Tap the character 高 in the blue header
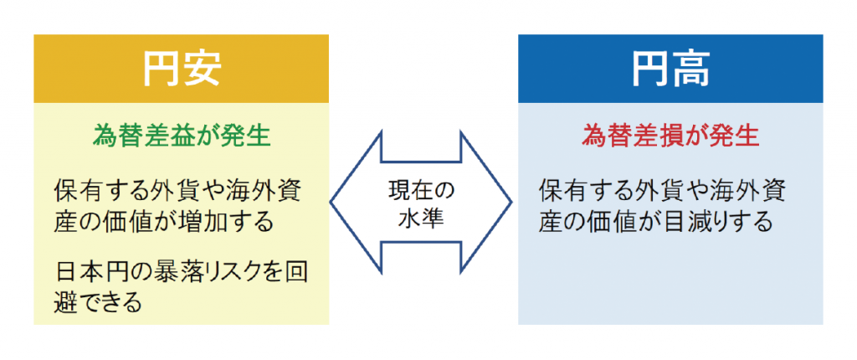[x=690, y=69]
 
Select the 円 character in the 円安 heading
[x=162, y=69]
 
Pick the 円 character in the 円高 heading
[x=649, y=69]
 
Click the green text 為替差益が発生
[x=182, y=135]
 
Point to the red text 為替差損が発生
[x=670, y=135]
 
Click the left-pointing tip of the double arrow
[x=331, y=203]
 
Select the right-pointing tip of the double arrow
[x=511, y=203]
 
